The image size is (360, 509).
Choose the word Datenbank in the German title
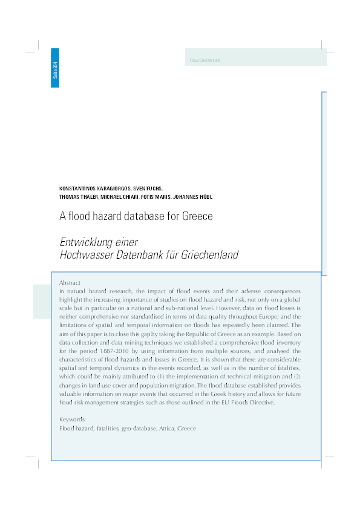coord(140,255)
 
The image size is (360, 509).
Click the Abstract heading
coord(70,282)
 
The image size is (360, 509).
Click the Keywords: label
coord(73,419)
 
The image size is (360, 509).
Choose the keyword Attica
coord(165,428)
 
